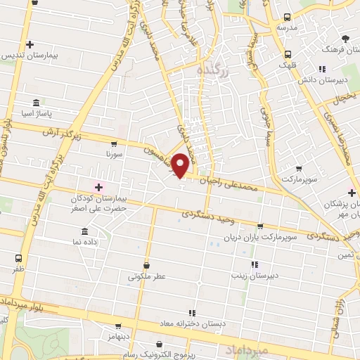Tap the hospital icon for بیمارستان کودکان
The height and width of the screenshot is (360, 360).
(98, 187)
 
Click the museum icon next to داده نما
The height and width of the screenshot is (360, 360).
(84, 231)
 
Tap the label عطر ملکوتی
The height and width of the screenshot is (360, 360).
(146, 276)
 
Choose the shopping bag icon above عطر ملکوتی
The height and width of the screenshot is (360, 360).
(146, 265)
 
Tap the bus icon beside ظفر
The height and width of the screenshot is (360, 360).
(18, 258)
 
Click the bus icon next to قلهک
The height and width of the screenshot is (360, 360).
(288, 54)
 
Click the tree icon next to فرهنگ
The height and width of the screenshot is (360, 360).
(345, 39)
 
